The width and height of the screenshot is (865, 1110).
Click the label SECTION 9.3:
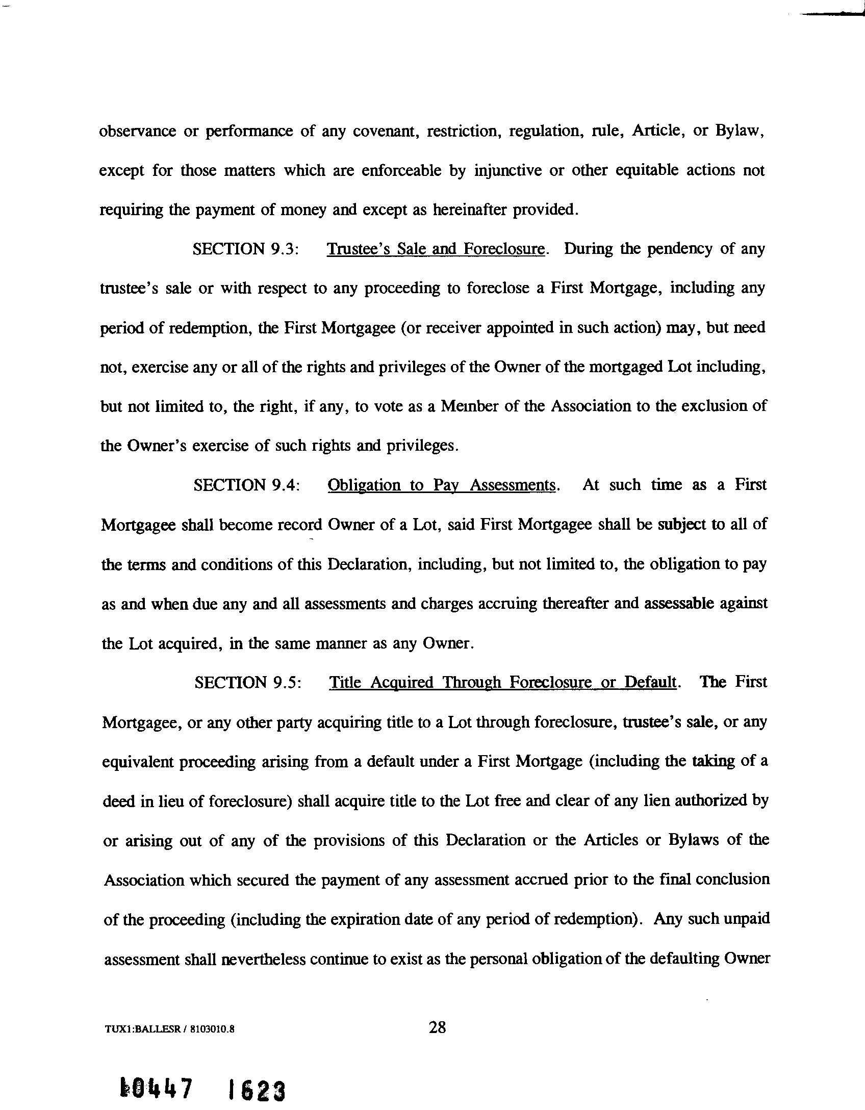[245, 249]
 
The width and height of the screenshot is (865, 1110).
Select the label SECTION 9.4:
[246, 485]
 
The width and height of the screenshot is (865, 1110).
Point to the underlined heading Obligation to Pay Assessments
[441, 485]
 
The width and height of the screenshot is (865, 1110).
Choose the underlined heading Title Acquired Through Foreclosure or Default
[503, 682]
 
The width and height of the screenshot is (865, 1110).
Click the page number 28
[437, 1027]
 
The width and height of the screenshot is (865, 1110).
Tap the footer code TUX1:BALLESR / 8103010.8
[169, 1029]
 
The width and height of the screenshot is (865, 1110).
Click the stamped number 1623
[257, 1088]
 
